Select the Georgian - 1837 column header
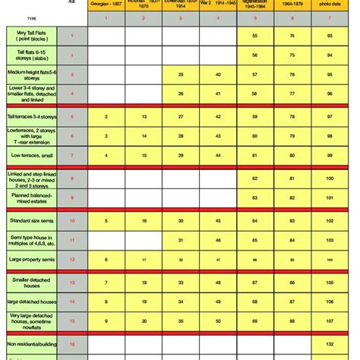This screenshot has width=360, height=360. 107,5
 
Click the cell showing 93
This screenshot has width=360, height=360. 328,36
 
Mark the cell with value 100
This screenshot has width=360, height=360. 328,179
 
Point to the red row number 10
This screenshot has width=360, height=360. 71,220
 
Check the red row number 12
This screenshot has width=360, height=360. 71,260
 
